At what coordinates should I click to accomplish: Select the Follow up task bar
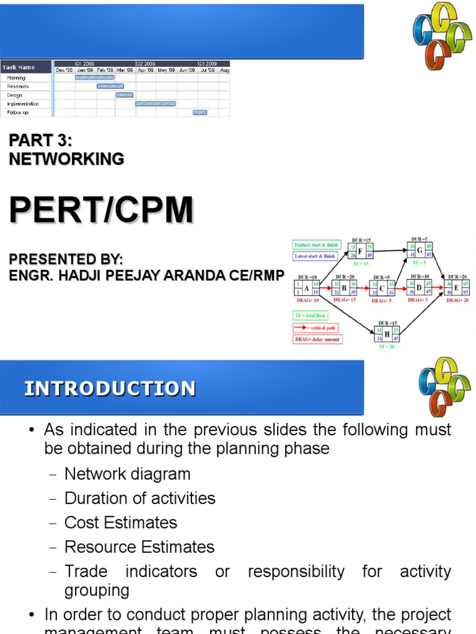point(200,112)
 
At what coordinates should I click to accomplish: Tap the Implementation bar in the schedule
point(156,103)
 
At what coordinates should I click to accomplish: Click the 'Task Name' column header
point(19,67)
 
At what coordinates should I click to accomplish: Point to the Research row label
point(18,86)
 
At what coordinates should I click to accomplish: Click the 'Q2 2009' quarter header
point(146,63)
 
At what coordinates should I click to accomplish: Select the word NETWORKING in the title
point(66,159)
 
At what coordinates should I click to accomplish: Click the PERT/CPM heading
point(101,211)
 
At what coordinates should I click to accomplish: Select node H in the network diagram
point(387,334)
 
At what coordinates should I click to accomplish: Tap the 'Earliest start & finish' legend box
point(315,245)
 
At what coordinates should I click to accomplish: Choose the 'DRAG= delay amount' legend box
point(317,339)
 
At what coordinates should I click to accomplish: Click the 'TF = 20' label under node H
point(387,347)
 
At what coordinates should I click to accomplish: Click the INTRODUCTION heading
point(110,389)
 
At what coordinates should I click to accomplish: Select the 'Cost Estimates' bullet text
point(121,523)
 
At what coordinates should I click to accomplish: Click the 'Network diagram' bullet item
point(127,474)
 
